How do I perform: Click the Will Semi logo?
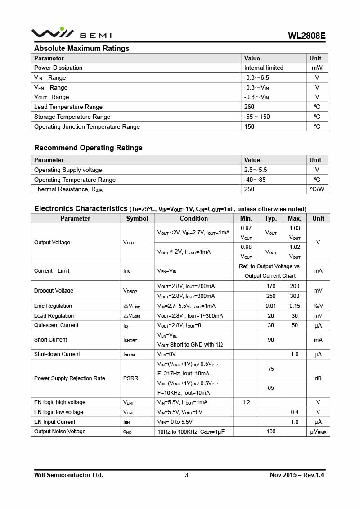point(71,33)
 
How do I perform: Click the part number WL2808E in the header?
point(307,36)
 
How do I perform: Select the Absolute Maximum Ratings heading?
point(81,48)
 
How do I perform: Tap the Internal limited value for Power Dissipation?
point(264,68)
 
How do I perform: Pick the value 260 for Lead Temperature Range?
point(249,107)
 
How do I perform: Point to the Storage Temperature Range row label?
point(72,117)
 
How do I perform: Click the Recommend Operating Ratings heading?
point(88,148)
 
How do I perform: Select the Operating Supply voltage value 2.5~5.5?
point(256,170)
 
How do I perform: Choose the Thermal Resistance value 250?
point(249,189)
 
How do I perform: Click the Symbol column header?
point(137,218)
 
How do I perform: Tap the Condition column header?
point(193,218)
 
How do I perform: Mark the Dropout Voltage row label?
point(54,291)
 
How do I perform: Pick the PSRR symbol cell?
point(130,378)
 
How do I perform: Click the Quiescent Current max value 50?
point(295,325)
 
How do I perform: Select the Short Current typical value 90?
point(271,340)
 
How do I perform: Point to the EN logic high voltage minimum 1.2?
point(246,402)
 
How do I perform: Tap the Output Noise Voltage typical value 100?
point(271,432)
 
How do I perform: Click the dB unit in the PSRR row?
point(318,378)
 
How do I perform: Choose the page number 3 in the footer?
point(186,475)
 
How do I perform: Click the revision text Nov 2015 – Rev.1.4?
point(297,475)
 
